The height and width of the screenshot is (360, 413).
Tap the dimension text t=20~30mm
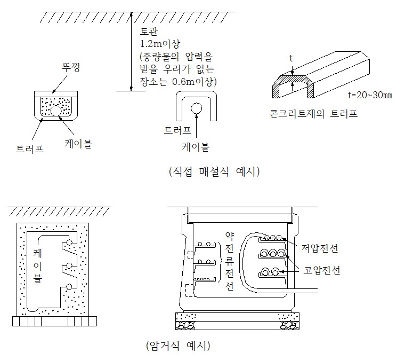(369, 96)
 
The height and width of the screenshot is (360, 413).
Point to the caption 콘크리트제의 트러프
(313, 113)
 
